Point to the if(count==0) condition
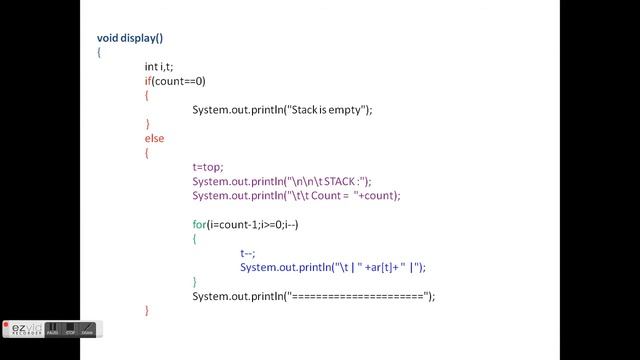[175, 81]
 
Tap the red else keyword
[154, 139]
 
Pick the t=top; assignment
[208, 167]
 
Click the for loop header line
[245, 224]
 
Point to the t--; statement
[248, 253]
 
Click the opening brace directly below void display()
[99, 53]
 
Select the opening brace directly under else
[147, 153]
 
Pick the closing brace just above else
[147, 124]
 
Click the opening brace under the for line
[195, 239]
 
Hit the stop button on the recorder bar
[71, 329]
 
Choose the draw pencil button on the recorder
[88, 329]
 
